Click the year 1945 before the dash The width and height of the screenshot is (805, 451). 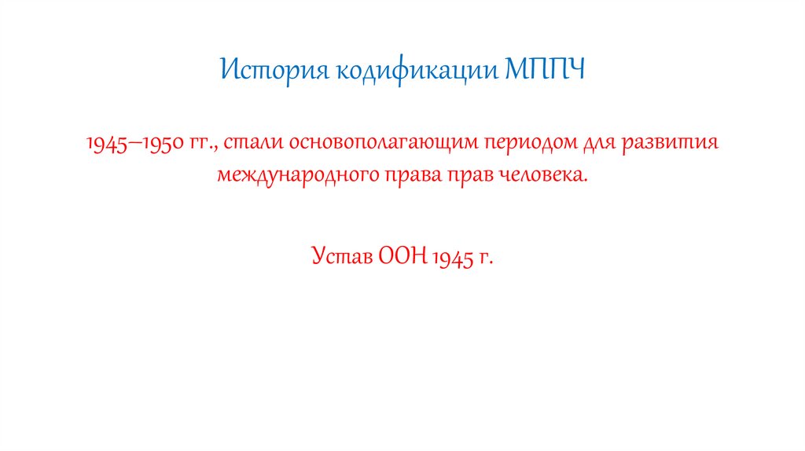click(x=102, y=144)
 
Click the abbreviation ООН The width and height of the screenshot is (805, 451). click(x=402, y=256)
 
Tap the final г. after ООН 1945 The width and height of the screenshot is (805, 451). click(x=487, y=258)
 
